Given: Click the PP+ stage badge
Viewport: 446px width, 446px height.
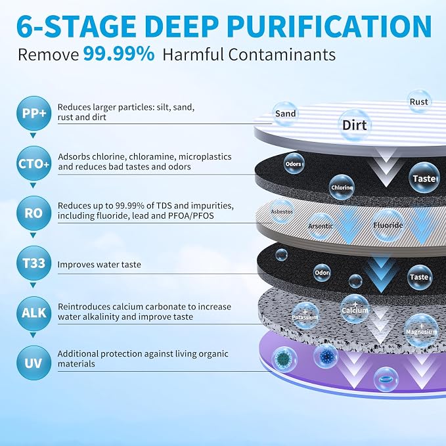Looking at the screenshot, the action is (34, 113).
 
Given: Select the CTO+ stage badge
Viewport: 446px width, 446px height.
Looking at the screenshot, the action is (34, 164).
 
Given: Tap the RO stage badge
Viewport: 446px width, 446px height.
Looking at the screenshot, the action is (34, 213).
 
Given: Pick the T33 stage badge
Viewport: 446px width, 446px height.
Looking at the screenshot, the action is (34, 263).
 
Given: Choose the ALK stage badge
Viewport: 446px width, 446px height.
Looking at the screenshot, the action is (34, 313).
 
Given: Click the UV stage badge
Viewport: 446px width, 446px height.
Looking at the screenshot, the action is (34, 363).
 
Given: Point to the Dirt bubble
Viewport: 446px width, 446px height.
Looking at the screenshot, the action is (355, 125).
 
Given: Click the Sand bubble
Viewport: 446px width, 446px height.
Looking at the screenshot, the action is (285, 114).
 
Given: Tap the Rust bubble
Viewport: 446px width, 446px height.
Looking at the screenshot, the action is (419, 102).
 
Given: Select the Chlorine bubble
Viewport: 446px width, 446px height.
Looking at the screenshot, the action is (342, 187).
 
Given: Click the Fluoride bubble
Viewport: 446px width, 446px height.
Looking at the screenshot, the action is (388, 225).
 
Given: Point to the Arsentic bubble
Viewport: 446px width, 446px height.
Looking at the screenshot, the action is (321, 227).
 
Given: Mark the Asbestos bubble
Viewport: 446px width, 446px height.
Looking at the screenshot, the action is (282, 212).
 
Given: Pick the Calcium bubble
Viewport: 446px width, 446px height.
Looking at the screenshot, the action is (355, 309).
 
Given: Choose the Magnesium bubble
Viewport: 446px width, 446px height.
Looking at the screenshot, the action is (421, 330).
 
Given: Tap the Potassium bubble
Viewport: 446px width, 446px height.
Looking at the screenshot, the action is (305, 316).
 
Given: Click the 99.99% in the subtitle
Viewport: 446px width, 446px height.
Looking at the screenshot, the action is (119, 54).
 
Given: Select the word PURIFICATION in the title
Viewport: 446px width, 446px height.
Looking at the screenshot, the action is (329, 26).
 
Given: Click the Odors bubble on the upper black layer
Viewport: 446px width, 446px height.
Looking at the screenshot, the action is (294, 164).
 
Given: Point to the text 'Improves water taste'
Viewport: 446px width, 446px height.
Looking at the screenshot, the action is (99, 265).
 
